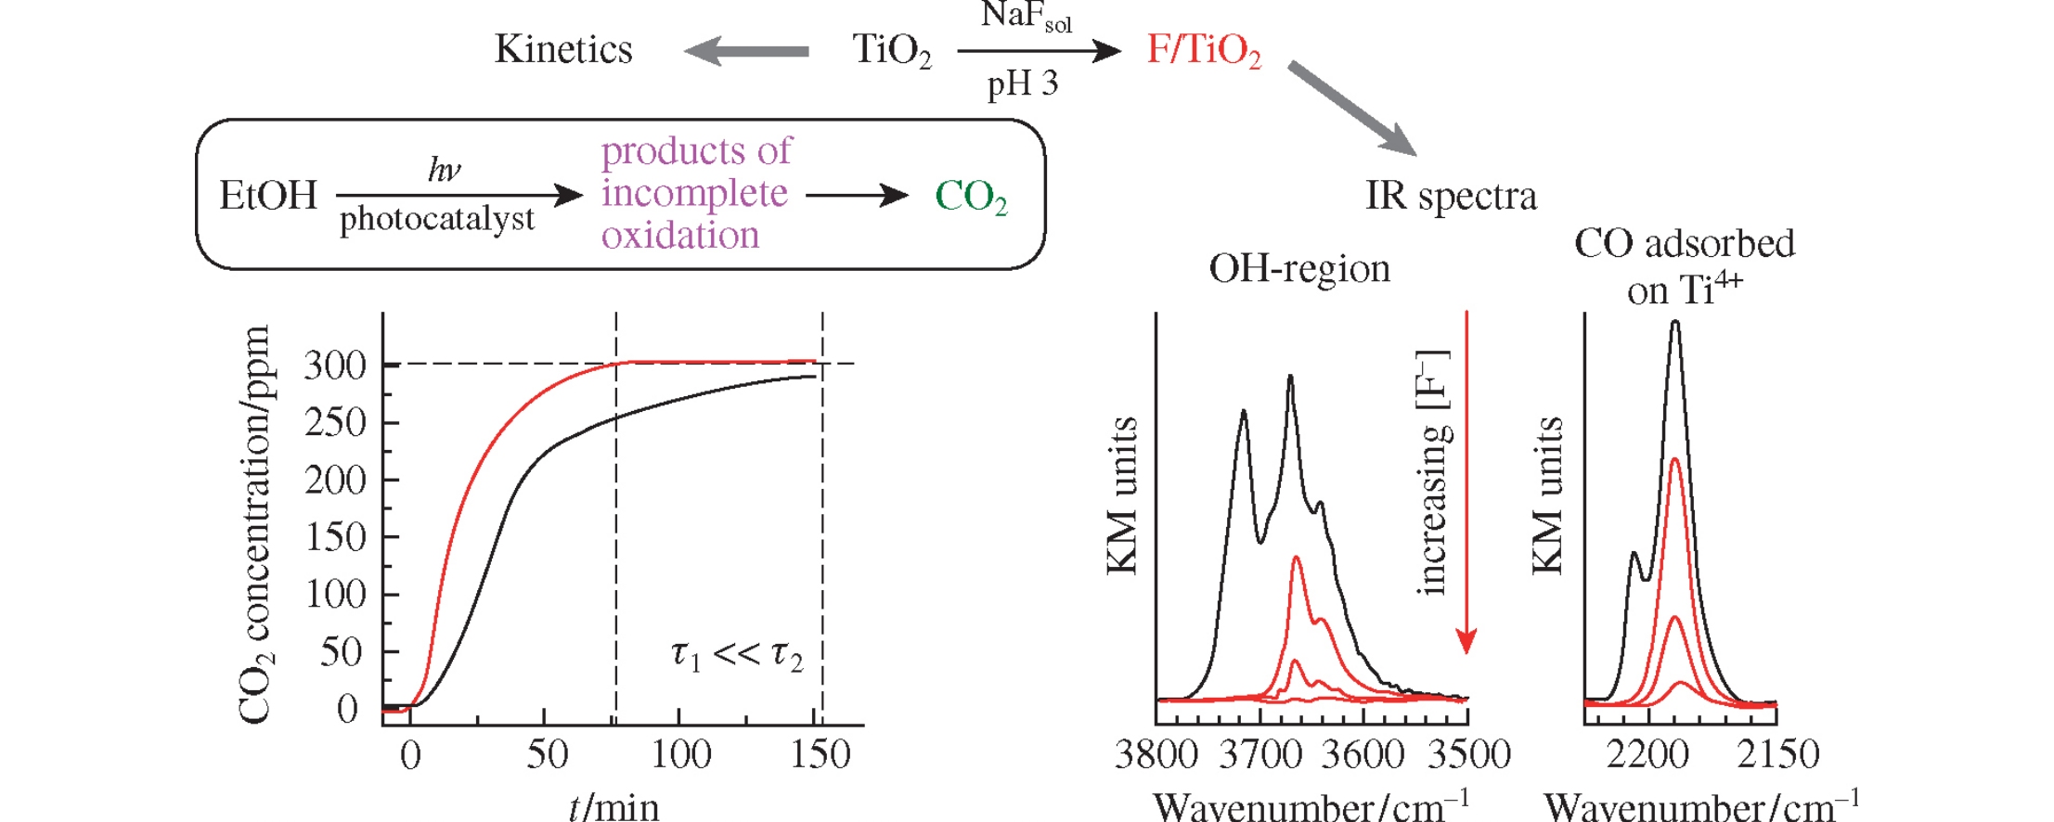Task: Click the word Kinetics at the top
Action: click(563, 49)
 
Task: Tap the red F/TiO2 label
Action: click(1204, 50)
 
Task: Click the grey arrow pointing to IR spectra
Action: click(1352, 109)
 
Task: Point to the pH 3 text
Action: click(1022, 84)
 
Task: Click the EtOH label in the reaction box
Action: click(268, 196)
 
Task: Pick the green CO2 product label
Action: click(971, 197)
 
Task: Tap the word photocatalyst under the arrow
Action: click(437, 219)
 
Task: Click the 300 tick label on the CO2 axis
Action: click(335, 366)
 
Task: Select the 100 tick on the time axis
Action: click(680, 754)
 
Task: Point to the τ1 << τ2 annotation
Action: click(737, 654)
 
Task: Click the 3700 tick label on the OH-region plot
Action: click(1260, 754)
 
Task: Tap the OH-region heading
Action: click(1299, 269)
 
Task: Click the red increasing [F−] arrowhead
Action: click(1466, 640)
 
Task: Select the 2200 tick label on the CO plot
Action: click(1647, 754)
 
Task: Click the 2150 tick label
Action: click(1777, 754)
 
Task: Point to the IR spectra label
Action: click(1451, 196)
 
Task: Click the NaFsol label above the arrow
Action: click(1026, 16)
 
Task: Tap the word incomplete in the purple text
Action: click(694, 193)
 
